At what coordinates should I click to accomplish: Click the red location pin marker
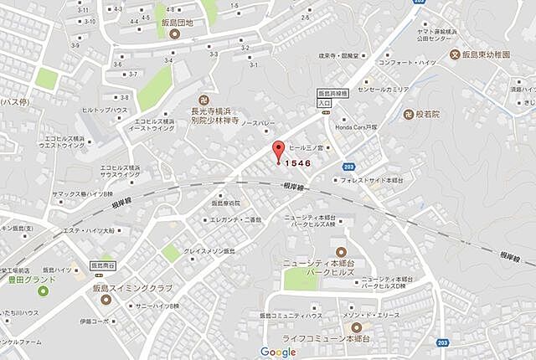tap(278, 152)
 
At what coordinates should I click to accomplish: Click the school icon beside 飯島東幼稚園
tap(456, 55)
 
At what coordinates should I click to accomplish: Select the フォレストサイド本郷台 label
tap(372, 179)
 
